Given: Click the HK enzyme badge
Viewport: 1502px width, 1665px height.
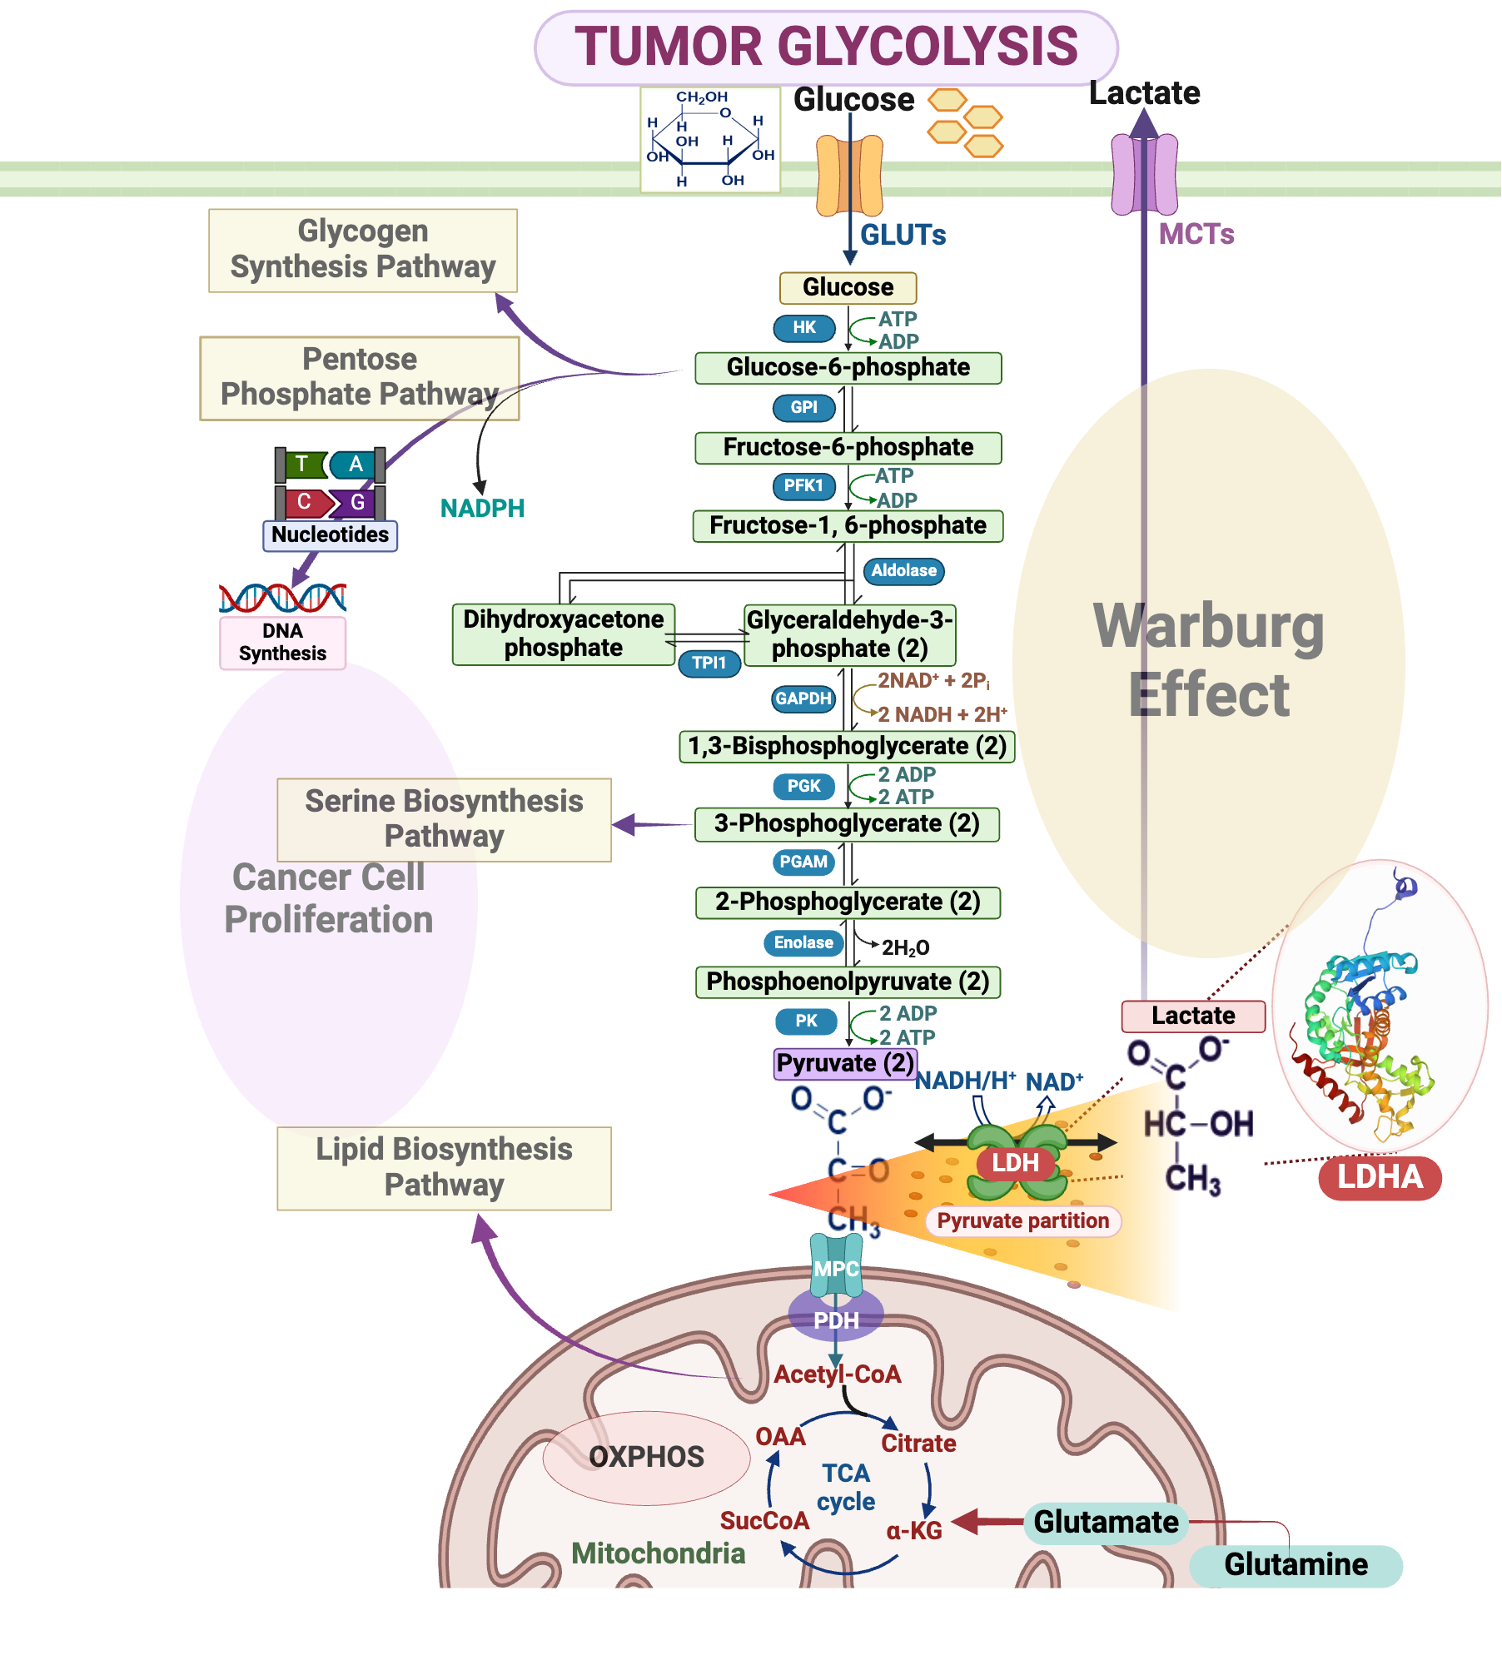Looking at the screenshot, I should click(x=803, y=328).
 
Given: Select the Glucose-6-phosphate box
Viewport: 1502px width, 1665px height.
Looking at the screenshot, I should click(x=848, y=368).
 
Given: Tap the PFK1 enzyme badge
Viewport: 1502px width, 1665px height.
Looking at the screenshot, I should click(x=803, y=486).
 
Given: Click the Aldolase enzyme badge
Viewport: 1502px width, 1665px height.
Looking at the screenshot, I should click(x=903, y=571).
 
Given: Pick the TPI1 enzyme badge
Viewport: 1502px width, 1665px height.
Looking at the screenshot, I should click(x=709, y=664).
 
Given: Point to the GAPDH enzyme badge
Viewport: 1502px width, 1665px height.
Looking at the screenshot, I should click(x=803, y=699).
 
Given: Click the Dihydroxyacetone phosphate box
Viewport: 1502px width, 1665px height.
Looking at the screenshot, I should click(x=563, y=634).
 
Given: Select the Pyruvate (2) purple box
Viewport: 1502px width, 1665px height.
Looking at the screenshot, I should click(x=845, y=1064).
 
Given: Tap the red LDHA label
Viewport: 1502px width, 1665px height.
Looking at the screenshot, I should click(x=1380, y=1177).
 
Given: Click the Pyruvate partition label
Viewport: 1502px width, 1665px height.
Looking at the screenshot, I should click(x=1022, y=1221).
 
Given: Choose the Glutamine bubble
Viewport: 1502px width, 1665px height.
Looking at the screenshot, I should click(x=1296, y=1565).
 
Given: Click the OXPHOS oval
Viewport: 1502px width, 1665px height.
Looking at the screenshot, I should click(x=646, y=1458).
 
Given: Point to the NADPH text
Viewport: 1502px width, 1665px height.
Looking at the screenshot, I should click(x=482, y=509).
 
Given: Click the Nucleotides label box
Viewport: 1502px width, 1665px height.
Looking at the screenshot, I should click(x=330, y=535).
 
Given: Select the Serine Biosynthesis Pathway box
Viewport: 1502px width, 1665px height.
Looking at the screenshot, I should click(x=444, y=819).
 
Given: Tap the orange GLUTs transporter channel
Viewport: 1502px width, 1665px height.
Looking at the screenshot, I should click(x=849, y=176).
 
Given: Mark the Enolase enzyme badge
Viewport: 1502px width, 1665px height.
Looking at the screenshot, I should click(x=803, y=943).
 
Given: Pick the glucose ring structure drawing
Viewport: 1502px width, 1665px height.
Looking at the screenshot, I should click(x=709, y=141).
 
